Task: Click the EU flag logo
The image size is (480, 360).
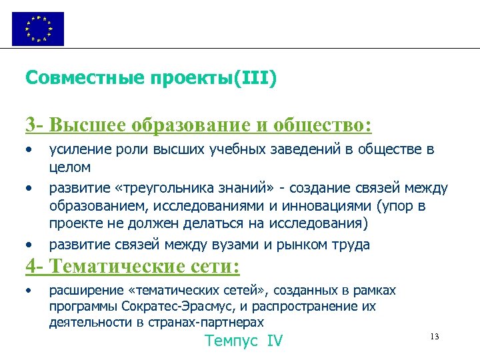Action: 38,29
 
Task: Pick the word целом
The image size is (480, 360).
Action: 69,166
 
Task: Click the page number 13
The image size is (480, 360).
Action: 435,335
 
